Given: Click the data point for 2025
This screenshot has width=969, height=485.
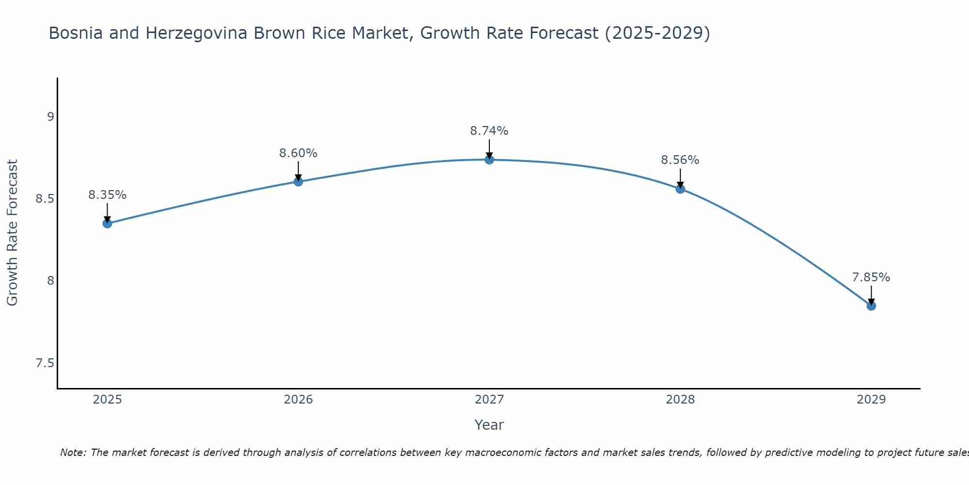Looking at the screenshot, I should [107, 224].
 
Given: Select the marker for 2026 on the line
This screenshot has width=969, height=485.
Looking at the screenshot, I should [298, 181].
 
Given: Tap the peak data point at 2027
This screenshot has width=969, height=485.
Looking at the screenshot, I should [489, 160].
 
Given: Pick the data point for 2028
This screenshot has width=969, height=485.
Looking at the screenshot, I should [680, 189].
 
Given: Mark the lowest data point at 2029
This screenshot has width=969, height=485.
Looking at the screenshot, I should [871, 306].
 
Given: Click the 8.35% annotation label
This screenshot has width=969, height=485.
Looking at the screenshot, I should [107, 195].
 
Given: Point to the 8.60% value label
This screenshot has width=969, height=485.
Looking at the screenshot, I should [298, 153].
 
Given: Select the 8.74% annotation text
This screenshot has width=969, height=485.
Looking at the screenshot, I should [489, 131].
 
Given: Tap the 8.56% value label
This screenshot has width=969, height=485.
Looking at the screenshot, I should [680, 160].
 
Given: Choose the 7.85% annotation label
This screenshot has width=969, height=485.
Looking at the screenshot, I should [871, 277].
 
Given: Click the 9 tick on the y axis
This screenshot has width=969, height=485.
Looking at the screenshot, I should [50, 117].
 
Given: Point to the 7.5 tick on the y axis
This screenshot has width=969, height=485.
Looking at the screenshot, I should [45, 363].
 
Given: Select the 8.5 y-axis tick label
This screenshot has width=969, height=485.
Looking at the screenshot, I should [45, 199].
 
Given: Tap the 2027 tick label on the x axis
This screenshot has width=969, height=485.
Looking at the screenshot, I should [489, 400].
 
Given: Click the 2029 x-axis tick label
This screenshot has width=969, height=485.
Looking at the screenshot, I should [871, 400].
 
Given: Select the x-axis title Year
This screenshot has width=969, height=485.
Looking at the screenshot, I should [489, 425].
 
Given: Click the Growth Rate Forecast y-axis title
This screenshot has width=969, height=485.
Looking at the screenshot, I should [13, 233].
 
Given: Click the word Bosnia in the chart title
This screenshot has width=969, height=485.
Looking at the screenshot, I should [76, 33].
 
